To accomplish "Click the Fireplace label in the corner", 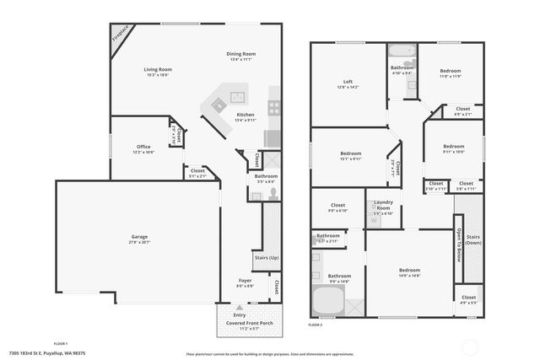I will coord(122,34).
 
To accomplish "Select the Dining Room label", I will coord(241,54).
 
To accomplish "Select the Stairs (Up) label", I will coord(266,257).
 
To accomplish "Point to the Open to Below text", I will coord(460,244).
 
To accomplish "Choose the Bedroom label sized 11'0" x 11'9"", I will coord(451,72).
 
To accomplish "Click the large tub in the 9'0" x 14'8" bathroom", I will coord(327,301).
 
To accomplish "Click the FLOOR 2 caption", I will coord(316,325).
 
